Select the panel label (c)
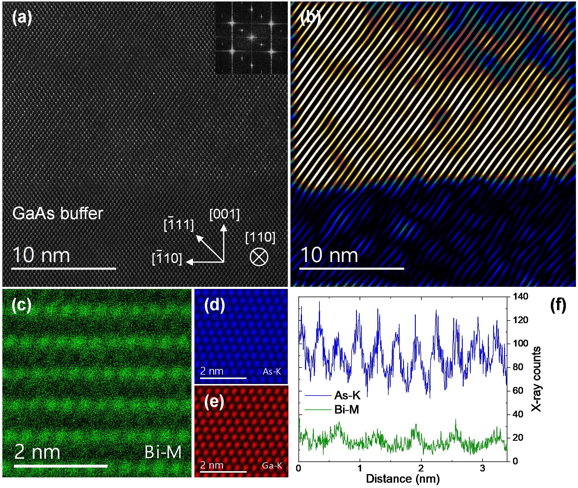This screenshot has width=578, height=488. point(21,305)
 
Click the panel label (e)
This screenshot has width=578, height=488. point(214,402)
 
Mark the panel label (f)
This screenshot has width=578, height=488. point(558,305)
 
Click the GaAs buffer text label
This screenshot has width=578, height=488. point(58,213)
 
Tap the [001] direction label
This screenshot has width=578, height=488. point(224,214)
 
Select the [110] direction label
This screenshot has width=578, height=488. point(260,237)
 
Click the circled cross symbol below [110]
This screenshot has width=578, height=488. point(259,257)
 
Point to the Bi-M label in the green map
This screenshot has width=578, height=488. point(163,452)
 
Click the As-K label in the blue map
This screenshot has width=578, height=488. point(272,371)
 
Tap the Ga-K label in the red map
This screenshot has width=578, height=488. point(272,466)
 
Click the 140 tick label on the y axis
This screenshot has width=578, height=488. point(521,296)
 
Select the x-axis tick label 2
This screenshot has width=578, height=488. point(421,469)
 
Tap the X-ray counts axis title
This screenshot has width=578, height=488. point(536,379)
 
